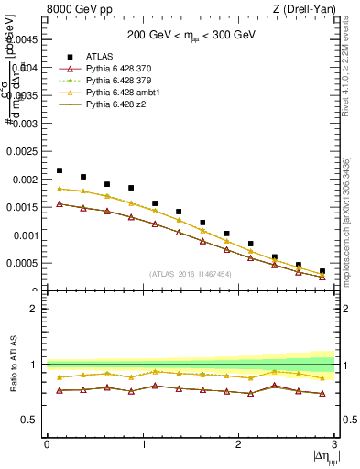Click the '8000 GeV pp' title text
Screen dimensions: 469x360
76,9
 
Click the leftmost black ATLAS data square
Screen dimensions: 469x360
60,170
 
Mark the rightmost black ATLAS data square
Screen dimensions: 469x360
322,271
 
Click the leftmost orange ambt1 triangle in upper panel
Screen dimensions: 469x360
60,189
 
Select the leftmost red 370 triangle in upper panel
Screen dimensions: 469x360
60,203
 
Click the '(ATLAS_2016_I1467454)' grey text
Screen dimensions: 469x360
191,274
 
